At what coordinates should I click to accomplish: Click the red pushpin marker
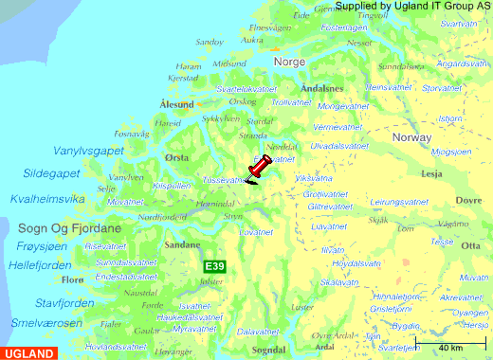(258, 169)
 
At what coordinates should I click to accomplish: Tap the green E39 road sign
(215, 268)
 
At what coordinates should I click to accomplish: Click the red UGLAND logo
(29, 353)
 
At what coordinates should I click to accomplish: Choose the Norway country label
(411, 137)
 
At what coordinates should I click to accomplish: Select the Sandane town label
(182, 243)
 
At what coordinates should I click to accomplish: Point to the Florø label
(72, 280)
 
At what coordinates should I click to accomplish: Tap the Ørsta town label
(176, 157)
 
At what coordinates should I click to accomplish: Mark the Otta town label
(468, 245)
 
